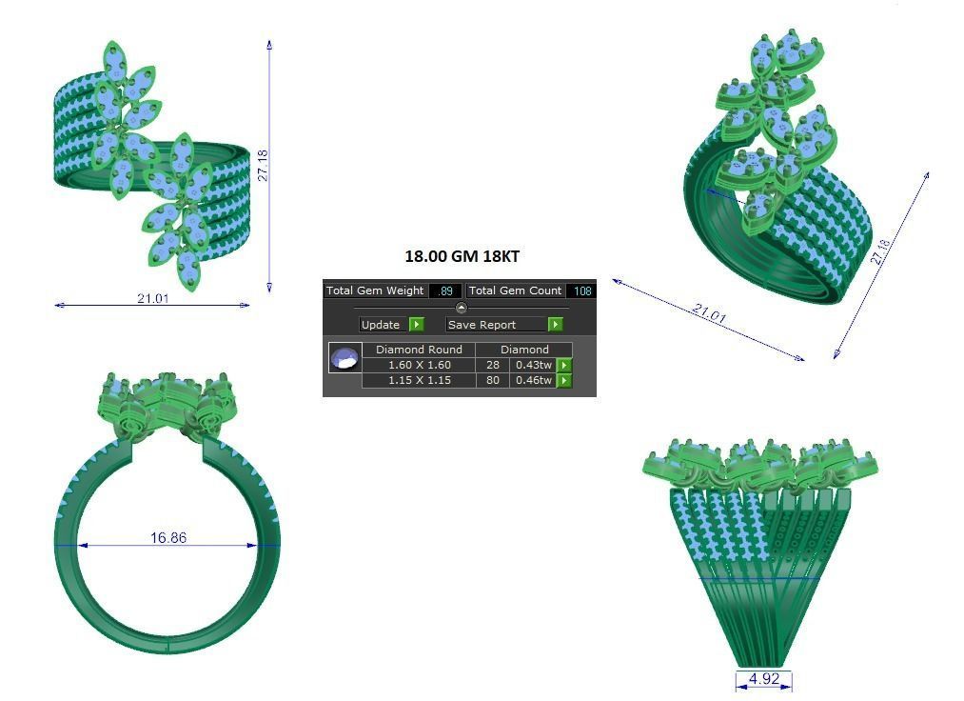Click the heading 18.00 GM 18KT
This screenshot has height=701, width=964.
click(462, 256)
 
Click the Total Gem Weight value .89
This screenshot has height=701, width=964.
click(445, 290)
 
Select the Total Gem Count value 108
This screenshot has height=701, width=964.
click(580, 290)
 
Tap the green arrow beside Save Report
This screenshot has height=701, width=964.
click(555, 325)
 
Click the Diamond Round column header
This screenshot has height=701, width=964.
click(419, 350)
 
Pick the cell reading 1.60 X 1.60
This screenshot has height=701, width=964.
click(419, 365)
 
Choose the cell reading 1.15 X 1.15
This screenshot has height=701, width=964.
click(419, 380)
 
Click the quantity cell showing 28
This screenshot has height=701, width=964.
click(493, 365)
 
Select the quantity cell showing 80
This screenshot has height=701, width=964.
click(493, 380)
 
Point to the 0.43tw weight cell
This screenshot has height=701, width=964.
click(533, 365)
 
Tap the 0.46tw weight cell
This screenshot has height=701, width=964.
click(533, 380)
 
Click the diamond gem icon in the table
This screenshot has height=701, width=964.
click(344, 359)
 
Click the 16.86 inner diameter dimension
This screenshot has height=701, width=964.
click(168, 538)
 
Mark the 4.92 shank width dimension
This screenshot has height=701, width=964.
click(764, 679)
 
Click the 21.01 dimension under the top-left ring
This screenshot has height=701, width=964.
click(152, 298)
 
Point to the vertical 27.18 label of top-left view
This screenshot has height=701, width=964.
click(264, 165)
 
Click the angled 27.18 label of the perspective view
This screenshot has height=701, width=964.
click(880, 251)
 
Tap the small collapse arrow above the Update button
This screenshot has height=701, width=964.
click(462, 308)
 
